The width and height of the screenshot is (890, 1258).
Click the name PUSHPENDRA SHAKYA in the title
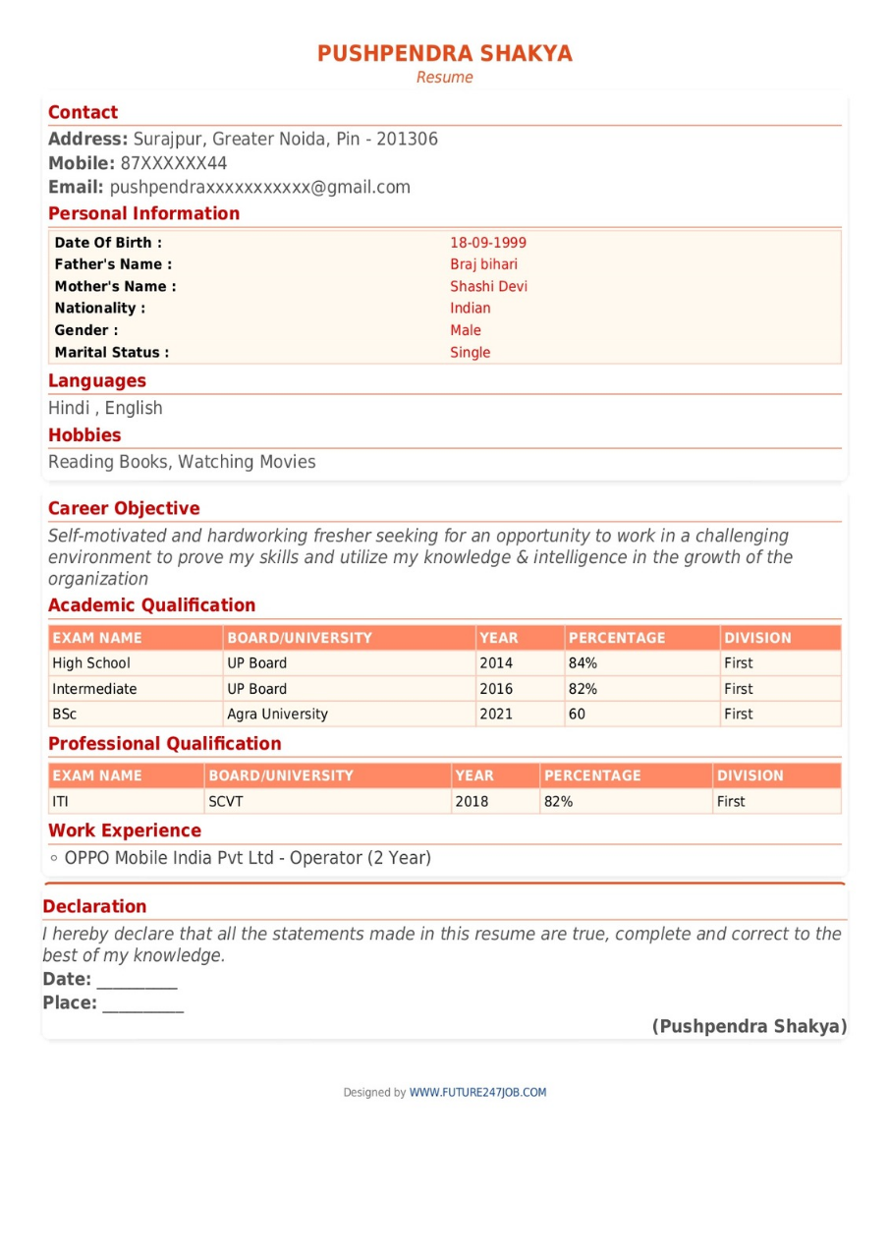444,53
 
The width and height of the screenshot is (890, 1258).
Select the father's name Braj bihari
483,264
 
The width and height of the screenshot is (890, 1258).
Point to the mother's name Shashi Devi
488,287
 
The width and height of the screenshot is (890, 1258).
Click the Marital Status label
111,352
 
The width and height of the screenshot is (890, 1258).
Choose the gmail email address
259,188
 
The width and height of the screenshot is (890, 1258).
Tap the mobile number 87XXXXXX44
174,163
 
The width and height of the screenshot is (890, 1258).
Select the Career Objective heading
124,508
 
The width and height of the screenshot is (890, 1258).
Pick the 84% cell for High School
583,663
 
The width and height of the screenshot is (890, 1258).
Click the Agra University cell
277,715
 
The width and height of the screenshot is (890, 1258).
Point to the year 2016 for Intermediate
495,689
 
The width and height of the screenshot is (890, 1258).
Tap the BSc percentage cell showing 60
577,715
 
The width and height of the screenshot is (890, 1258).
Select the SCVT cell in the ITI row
225,802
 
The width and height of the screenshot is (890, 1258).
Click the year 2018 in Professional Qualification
472,802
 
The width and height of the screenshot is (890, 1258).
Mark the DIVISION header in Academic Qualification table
757,638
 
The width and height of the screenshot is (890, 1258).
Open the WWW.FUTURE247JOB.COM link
477,1092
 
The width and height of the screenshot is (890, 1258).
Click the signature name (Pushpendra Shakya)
749,1027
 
